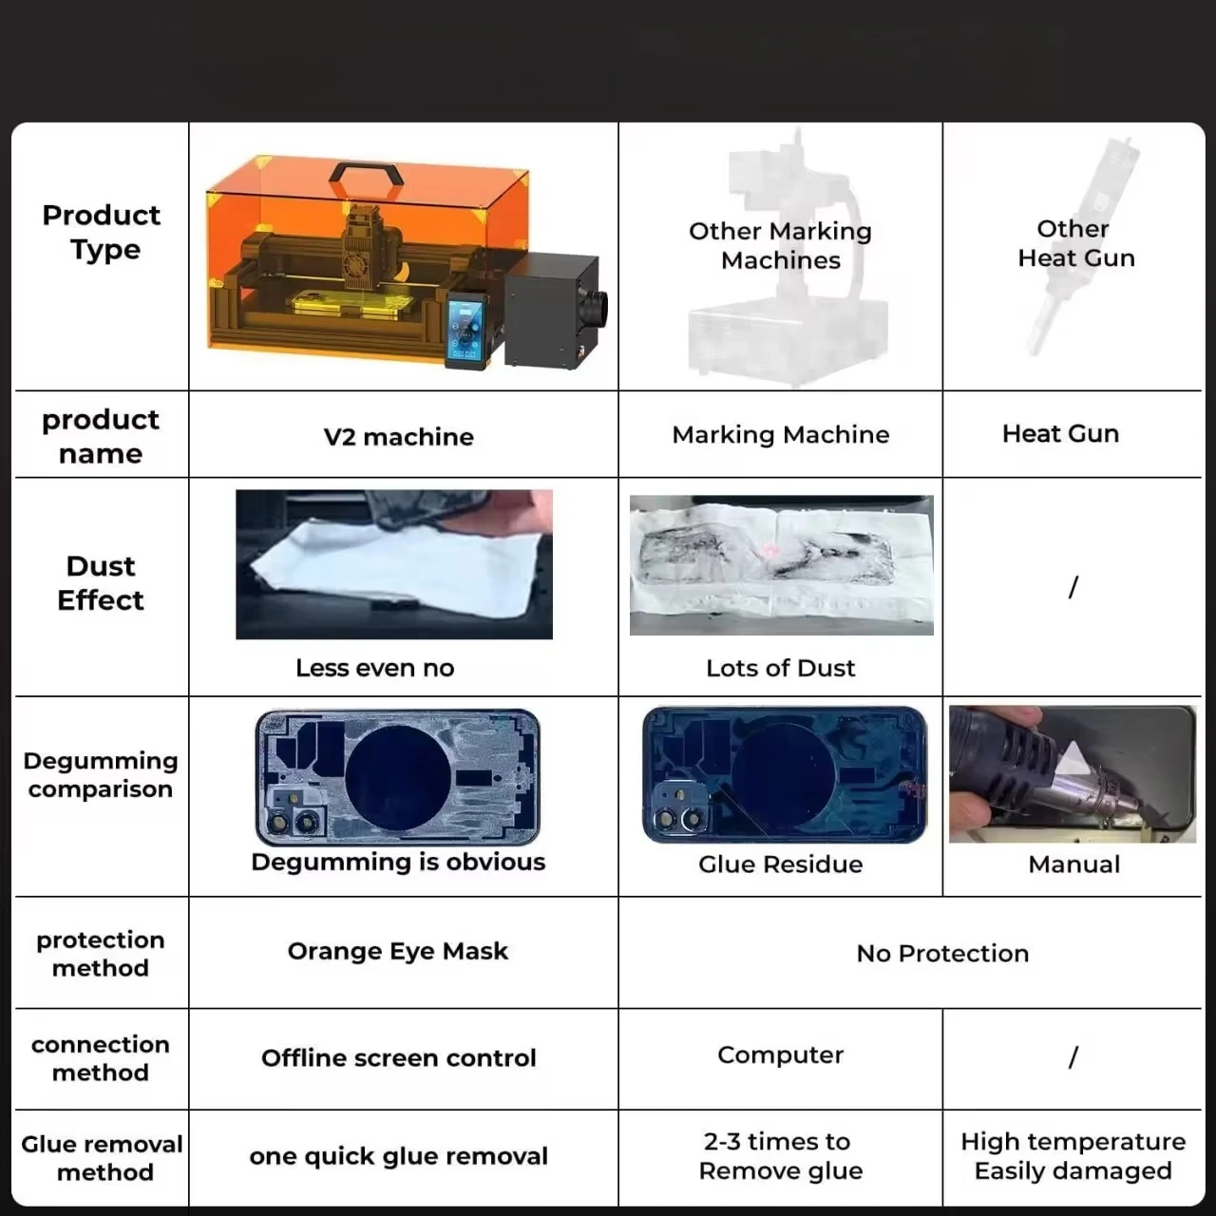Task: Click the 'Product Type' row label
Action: point(101,232)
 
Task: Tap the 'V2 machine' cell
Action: point(398,437)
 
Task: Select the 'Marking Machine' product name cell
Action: point(781,435)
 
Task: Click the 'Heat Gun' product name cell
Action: point(1061,433)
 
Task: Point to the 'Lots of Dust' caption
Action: point(781,668)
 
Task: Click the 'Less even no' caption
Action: point(375,668)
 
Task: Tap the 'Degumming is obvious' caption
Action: point(398,863)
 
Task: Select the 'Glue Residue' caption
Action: point(781,864)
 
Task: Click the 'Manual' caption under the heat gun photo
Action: point(1074,864)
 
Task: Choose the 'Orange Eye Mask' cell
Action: point(397,951)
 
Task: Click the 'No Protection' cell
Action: point(942,954)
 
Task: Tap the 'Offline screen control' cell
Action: point(399,1058)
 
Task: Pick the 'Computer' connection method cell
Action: point(781,1055)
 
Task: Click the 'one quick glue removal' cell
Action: point(399,1156)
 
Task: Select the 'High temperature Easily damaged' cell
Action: point(1073,1156)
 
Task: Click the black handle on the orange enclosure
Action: point(366,170)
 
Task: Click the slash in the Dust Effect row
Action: point(1073,587)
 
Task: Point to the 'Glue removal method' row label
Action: point(102,1158)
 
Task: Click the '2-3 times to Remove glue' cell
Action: point(781,1156)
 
